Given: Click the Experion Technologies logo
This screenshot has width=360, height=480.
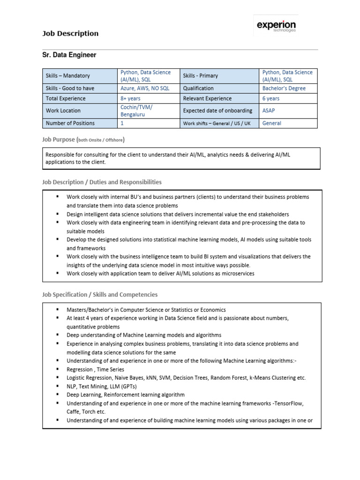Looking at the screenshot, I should tap(276, 26).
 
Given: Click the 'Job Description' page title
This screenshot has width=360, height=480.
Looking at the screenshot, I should tap(70, 34).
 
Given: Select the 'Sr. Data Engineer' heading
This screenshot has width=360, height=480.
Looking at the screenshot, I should tap(69, 55).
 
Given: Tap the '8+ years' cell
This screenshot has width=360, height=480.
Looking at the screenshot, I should tap(131, 98).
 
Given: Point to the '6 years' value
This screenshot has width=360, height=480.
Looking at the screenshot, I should tap(271, 98).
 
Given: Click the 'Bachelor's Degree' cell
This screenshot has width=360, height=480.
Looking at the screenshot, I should tap(284, 88).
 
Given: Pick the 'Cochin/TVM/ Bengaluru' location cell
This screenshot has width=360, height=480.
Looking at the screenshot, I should tap(136, 111).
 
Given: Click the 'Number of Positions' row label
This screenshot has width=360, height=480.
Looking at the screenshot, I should tap(70, 123).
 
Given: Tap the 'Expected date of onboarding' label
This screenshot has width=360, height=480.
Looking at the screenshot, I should tap(217, 111).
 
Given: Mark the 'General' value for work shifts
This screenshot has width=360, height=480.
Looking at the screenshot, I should tap(272, 123).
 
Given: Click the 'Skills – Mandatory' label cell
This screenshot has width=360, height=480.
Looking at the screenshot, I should tap(67, 75).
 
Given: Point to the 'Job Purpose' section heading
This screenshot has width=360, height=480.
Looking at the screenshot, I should tap(84, 140).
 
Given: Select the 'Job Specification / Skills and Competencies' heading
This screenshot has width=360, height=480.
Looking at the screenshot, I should tap(100, 295).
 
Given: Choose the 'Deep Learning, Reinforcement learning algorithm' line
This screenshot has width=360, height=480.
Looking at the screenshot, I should tap(125, 395).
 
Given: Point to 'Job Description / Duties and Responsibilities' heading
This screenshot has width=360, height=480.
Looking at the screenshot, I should tap(102, 182).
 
